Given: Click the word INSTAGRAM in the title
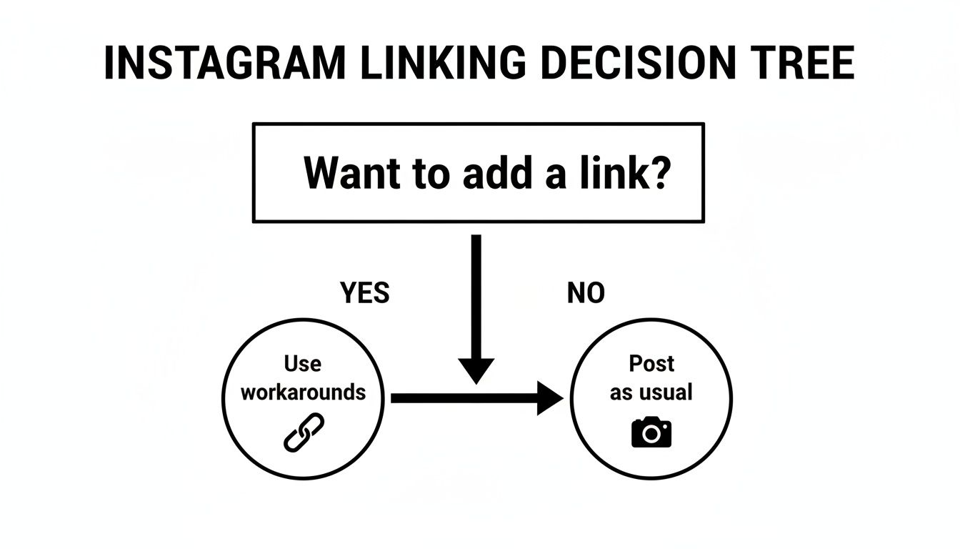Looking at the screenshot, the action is (225, 63).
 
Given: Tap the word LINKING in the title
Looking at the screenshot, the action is (443, 63).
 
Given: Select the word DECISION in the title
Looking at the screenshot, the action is (639, 63).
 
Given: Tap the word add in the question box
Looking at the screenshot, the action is (498, 173).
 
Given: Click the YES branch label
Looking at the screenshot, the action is (365, 293).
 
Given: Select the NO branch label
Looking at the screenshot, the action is (586, 293).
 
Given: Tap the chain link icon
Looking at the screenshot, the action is (304, 432).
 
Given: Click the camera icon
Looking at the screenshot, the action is (651, 432).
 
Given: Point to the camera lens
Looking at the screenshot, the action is (651, 434).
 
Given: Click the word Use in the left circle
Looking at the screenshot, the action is (303, 364).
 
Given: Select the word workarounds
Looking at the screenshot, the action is (304, 392).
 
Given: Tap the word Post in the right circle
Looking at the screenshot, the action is (651, 364).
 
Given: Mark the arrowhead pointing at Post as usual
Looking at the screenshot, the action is (550, 398).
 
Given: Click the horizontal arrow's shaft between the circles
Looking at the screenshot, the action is (464, 398).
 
